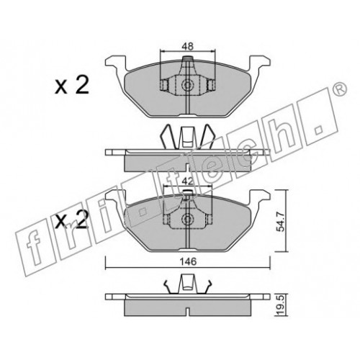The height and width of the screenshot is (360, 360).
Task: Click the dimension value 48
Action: pyautogui.click(x=188, y=46)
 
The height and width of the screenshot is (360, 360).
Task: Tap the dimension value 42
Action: pyautogui.click(x=187, y=181)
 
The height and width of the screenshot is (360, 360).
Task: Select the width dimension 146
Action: pyautogui.click(x=188, y=261)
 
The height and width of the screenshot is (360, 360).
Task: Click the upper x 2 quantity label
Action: pyautogui.click(x=72, y=85)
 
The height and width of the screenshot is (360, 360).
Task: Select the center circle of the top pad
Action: pyautogui.click(x=187, y=85)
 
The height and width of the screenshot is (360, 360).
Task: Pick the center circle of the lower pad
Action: pyautogui.click(x=187, y=218)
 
